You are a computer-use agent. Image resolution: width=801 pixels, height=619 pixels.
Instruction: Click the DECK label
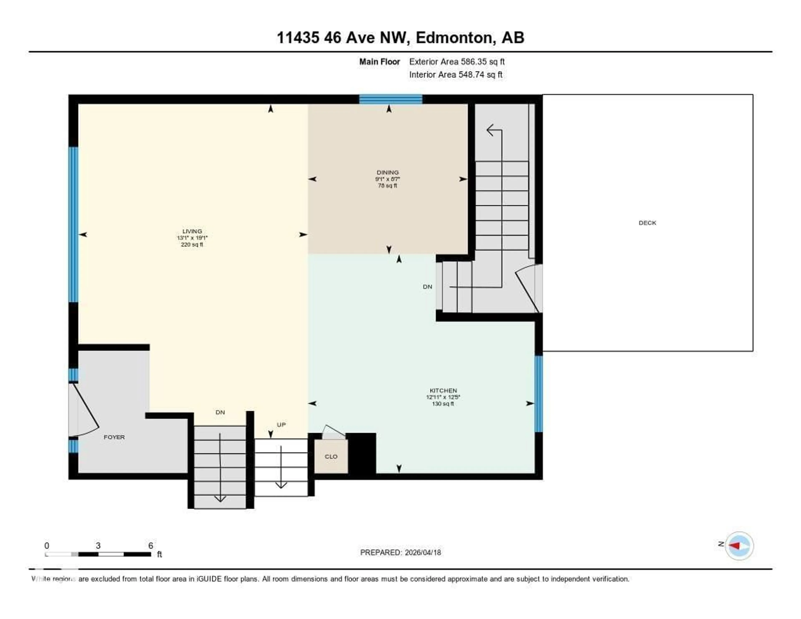point(647,223)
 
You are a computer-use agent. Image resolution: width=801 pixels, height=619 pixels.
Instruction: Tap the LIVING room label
point(192,231)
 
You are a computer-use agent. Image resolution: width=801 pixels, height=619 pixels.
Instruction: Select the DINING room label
point(387,172)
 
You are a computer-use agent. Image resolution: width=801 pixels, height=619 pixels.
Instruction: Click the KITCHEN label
point(443,390)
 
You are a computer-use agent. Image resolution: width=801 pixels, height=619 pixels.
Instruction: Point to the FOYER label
point(114,437)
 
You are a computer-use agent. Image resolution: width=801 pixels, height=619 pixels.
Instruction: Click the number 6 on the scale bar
point(150,546)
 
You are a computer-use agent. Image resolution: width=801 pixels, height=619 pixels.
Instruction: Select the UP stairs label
point(281,424)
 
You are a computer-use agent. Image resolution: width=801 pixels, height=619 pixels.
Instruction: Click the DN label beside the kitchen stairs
point(427,287)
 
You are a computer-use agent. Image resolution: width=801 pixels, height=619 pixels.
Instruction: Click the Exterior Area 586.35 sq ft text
point(457,62)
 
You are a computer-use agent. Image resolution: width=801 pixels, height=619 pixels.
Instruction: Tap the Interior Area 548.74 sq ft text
point(456,75)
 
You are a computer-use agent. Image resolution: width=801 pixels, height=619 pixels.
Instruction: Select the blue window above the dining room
point(391,99)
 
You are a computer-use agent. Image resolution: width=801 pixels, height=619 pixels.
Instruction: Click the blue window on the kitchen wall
point(538,393)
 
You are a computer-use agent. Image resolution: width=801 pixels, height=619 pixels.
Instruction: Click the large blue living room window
point(74,225)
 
